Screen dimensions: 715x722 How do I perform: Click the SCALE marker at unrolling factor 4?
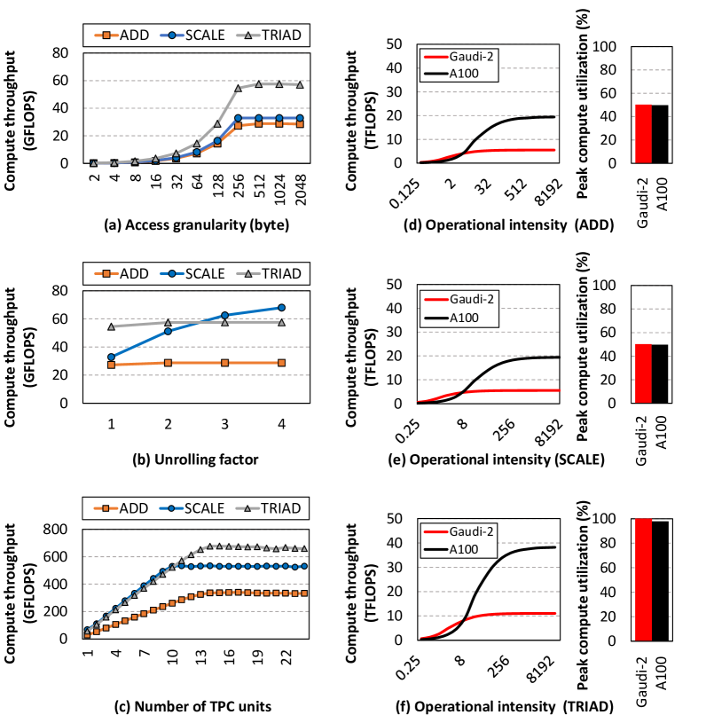click(281, 308)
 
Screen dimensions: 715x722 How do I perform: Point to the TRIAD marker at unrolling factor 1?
click(111, 326)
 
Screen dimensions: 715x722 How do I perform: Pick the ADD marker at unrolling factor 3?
click(224, 363)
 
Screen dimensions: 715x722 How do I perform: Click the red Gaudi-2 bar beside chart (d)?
click(644, 134)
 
